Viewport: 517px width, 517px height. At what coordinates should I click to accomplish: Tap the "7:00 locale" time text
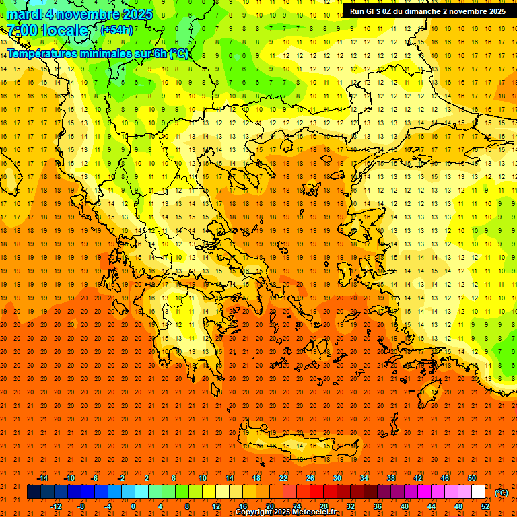coord(47,30)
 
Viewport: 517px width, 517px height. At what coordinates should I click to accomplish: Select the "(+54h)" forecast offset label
coord(116,30)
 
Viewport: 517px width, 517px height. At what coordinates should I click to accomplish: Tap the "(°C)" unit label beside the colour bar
coord(502,493)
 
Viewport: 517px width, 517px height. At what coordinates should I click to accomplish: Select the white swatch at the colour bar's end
coord(479,492)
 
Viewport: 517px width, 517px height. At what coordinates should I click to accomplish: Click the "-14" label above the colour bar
coord(42,478)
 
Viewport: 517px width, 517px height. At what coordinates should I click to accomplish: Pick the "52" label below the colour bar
coord(485,506)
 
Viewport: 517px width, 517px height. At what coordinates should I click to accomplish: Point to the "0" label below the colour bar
coord(133,506)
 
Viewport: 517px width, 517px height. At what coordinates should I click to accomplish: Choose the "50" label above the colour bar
coord(472,478)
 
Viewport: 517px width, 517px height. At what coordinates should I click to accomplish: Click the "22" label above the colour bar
coord(283,478)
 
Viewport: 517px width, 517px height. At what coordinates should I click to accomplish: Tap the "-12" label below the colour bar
coord(56,506)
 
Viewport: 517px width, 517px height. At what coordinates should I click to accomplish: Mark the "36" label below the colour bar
coord(378,506)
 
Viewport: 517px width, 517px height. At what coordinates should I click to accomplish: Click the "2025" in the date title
coord(133,14)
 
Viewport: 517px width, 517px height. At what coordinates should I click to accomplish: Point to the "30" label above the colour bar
coord(337,478)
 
